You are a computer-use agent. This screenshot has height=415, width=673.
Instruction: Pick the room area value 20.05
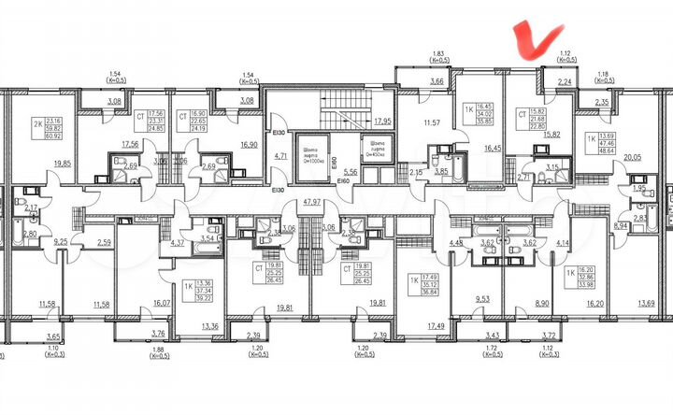[633, 158]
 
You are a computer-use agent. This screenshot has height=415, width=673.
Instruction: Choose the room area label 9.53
[482, 299]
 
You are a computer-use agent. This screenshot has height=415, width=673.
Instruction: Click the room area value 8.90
[540, 304]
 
